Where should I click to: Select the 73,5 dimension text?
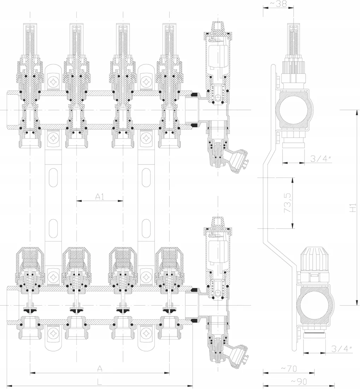tap(288, 203)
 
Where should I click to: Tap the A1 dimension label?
tap(100, 197)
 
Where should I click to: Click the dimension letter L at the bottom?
tap(99, 381)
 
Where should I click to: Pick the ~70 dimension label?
tap(289, 369)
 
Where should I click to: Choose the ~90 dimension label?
tap(299, 381)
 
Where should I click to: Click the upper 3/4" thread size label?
tap(321, 159)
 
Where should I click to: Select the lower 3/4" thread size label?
tap(342, 349)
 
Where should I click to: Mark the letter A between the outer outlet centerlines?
tap(100, 368)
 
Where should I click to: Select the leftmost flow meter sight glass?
tap(30, 40)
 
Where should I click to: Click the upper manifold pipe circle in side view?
tap(293, 110)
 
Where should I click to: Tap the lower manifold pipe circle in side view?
tap(315, 306)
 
